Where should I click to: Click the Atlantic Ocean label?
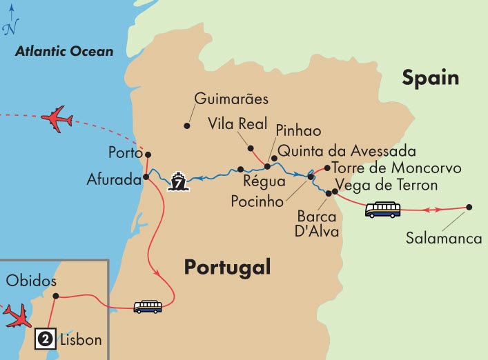pyautogui.click(x=65, y=51)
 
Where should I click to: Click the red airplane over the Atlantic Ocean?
pyautogui.click(x=57, y=119)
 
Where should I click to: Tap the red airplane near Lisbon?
pyautogui.click(x=17, y=314)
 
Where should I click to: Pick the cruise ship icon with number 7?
pyautogui.click(x=177, y=182)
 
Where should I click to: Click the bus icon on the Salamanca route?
pyautogui.click(x=383, y=209)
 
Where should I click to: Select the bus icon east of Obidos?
pyautogui.click(x=148, y=306)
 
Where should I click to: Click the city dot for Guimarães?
pyautogui.click(x=186, y=126)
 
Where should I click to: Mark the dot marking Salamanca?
pyautogui.click(x=469, y=207)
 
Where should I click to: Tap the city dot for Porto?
pyautogui.click(x=148, y=154)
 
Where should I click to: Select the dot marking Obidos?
pyautogui.click(x=56, y=297)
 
